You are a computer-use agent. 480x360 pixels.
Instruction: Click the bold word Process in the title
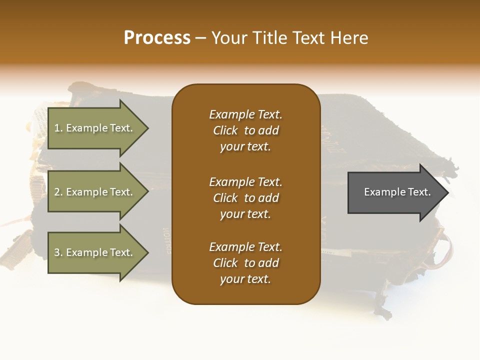click(157, 38)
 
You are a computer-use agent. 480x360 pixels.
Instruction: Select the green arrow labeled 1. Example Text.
click(95, 128)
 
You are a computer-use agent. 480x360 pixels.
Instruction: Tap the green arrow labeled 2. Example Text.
click(95, 192)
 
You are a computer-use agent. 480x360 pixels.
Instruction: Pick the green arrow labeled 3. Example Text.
click(95, 252)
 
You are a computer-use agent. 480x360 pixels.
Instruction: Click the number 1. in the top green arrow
click(58, 128)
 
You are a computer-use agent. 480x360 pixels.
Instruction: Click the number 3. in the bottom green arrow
click(58, 252)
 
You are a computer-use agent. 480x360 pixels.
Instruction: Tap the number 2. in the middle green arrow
click(58, 192)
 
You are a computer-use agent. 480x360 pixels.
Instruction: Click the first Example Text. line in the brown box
click(245, 114)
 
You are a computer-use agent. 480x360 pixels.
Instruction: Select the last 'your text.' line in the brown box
click(245, 279)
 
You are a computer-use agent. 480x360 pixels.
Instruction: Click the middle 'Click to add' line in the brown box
click(245, 198)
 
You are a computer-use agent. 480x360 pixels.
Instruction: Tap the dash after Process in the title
click(200, 38)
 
